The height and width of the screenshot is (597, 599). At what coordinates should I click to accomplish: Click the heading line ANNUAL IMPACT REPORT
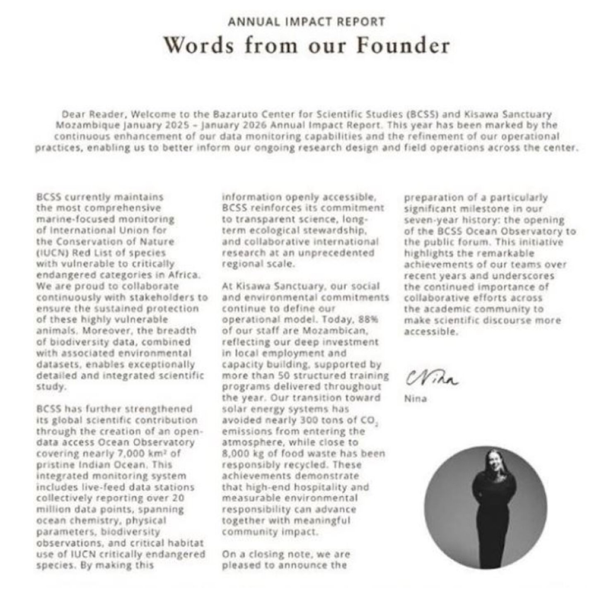click(x=306, y=22)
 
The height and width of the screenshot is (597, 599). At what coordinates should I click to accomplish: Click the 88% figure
click(x=369, y=319)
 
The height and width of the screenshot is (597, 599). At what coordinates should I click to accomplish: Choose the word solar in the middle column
click(x=235, y=409)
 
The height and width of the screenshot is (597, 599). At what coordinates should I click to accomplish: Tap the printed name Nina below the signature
click(x=415, y=399)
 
